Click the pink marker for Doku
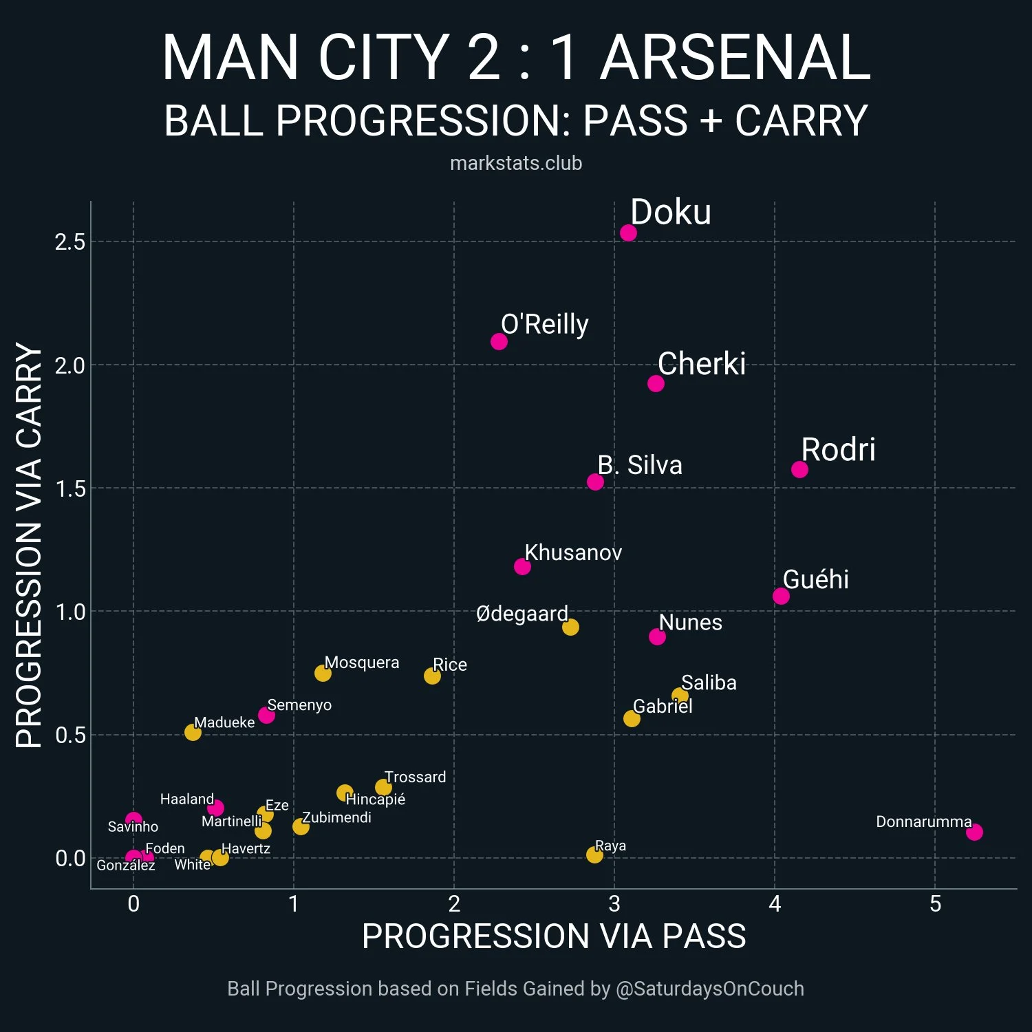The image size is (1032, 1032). click(628, 233)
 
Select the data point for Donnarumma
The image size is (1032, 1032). click(974, 832)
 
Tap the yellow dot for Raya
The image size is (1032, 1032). click(594, 854)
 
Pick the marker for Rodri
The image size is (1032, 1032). click(799, 469)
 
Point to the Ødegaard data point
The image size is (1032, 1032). click(570, 627)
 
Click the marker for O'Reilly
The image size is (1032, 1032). click(499, 341)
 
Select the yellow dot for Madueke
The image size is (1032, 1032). click(193, 732)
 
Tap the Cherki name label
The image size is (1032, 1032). click(701, 364)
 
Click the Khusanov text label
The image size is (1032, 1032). click(573, 552)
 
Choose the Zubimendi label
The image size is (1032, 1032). click(336, 817)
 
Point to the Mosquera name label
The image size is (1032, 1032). click(362, 663)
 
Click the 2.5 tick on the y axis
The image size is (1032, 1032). click(70, 242)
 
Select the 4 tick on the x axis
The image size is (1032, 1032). click(775, 904)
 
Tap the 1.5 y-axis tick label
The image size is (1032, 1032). click(70, 488)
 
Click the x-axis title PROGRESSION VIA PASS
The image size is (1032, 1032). click(554, 936)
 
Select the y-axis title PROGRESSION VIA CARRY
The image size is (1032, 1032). click(29, 545)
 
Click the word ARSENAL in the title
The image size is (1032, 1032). click(735, 58)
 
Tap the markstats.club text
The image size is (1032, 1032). click(516, 163)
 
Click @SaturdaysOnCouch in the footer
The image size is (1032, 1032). click(709, 989)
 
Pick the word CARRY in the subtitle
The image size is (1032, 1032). click(801, 121)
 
